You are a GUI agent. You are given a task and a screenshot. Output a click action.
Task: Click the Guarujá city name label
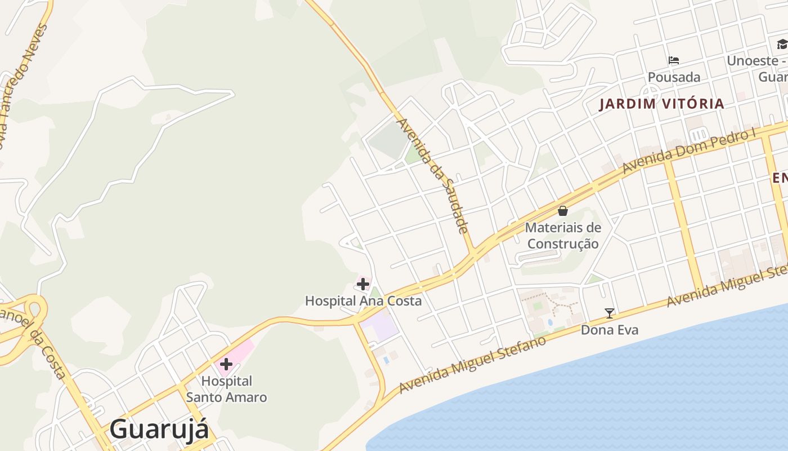tap(159, 429)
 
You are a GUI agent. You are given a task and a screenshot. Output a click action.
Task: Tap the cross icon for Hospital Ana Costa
tap(363, 284)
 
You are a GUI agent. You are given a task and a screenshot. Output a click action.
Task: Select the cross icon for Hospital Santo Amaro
tap(226, 364)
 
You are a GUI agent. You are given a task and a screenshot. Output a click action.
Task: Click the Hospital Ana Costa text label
tap(363, 301)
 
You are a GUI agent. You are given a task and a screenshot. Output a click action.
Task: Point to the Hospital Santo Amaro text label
tap(226, 389)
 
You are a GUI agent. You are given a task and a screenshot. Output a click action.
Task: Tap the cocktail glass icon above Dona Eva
tap(609, 313)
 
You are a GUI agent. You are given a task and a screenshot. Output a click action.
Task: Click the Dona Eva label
tap(610, 330)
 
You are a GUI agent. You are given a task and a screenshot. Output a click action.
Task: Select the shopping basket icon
tap(562, 211)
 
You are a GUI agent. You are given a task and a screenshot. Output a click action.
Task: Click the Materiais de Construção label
tap(563, 236)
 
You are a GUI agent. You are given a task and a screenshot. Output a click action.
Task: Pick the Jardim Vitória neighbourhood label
tap(661, 104)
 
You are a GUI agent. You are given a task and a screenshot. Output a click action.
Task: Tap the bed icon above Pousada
tap(674, 60)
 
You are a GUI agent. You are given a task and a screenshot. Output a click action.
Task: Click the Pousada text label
tap(674, 77)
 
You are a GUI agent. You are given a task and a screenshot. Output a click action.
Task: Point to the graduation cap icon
tap(782, 45)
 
